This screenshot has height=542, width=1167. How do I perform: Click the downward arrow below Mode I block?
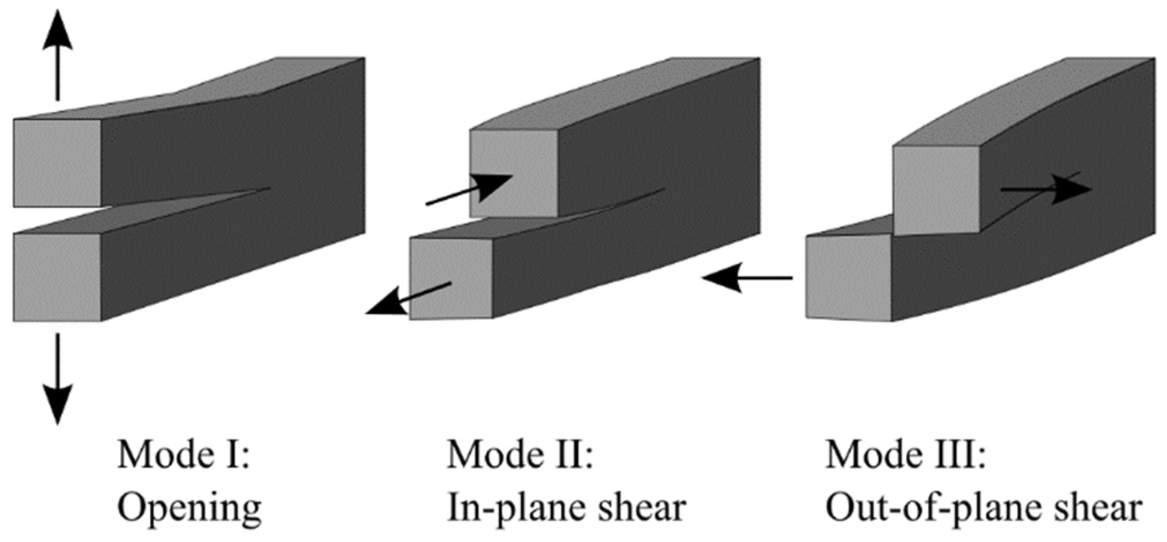pyautogui.click(x=57, y=378)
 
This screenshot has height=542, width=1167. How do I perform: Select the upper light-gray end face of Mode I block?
pyautogui.click(x=57, y=162)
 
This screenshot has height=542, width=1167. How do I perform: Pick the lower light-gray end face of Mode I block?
pyautogui.click(x=57, y=277)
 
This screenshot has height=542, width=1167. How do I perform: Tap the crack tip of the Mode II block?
pyautogui.click(x=663, y=189)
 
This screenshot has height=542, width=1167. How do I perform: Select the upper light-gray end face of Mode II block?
pyautogui.click(x=514, y=173)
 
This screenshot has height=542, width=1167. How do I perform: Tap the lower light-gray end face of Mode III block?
pyautogui.click(x=848, y=277)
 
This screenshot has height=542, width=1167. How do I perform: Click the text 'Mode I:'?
pyautogui.click(x=183, y=454)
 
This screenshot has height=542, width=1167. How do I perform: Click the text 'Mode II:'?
pyautogui.click(x=520, y=454)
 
